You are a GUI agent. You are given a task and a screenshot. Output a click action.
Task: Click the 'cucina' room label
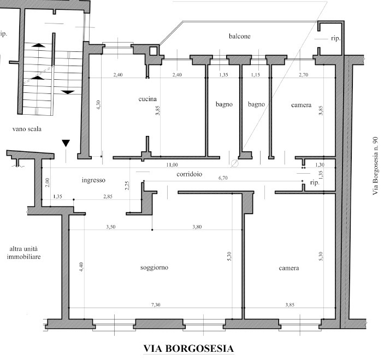pos(147,99)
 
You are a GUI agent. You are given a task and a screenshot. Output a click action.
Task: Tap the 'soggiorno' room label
pos(154,268)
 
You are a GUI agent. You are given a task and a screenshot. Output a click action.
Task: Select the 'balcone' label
pos(240,36)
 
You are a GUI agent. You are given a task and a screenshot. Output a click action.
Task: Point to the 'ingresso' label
pos(93,180)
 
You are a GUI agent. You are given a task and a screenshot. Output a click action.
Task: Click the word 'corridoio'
pos(190,174)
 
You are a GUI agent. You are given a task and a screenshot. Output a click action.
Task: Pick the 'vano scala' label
pos(27,129)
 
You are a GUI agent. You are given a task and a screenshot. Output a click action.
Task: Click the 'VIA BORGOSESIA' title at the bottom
pos(188,349)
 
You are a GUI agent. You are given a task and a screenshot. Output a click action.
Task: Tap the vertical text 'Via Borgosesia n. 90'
pos(375,166)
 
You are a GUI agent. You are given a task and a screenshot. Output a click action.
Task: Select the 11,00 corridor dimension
pos(172,164)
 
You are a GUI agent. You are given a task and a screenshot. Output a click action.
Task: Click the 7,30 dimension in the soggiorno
pos(156,305)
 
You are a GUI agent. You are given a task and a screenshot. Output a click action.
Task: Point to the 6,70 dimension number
pos(223,178)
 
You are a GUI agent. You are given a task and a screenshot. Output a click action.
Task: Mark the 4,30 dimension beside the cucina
pos(98,105)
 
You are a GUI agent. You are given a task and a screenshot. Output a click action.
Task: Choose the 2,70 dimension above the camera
pos(304,75)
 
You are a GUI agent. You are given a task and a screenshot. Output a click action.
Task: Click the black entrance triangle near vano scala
pos(66,143)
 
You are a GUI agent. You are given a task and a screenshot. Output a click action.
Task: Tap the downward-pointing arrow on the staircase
pos(68,92)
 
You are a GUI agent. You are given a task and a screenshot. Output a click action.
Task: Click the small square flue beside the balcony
pos(153,51)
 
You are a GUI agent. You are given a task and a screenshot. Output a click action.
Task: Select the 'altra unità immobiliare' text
pos(23,253)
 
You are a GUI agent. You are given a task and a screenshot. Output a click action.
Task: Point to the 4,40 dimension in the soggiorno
pos(81,267)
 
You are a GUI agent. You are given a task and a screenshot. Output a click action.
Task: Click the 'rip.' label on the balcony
pos(335,39)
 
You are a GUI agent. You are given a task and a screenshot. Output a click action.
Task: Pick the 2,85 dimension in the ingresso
pos(108,197)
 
